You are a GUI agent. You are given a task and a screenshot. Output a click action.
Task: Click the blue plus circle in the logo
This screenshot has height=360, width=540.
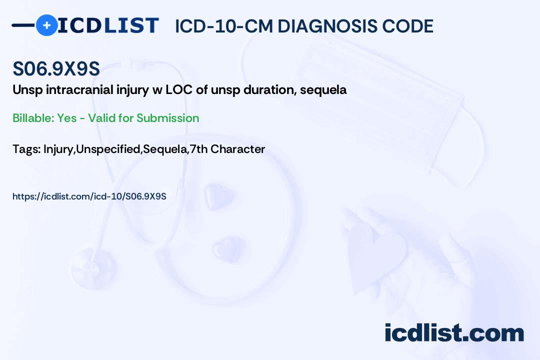point(47,25)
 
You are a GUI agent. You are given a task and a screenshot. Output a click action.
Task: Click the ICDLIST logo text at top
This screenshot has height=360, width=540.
point(108,25)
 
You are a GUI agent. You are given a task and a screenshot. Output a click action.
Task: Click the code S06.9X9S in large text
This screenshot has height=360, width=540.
point(56,70)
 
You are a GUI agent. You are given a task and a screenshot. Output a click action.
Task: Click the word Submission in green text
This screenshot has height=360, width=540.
point(167,118)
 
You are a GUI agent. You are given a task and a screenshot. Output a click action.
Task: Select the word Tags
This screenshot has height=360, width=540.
point(26,149)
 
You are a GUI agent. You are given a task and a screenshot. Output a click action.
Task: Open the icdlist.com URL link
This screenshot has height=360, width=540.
point(89,196)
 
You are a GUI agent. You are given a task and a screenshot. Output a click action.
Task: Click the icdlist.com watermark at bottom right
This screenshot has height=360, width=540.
point(454,333)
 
